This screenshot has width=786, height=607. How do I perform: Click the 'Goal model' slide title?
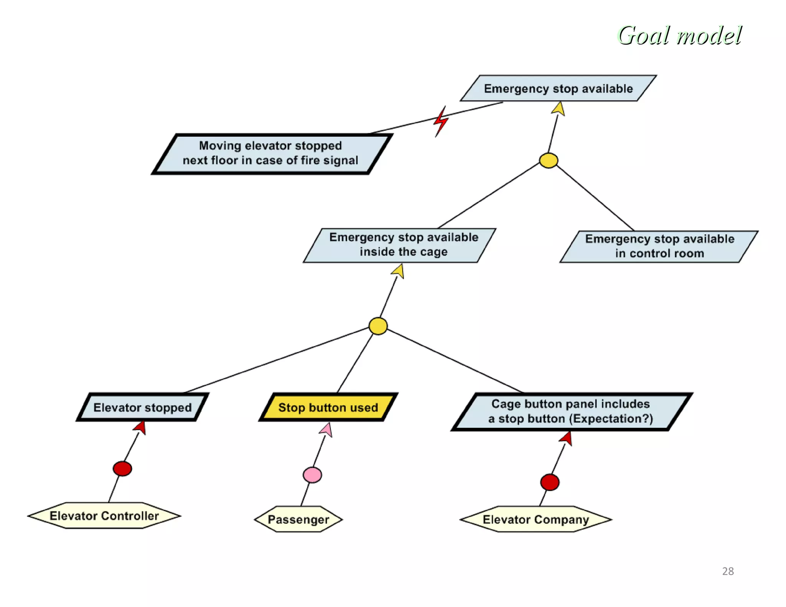pyautogui.click(x=679, y=36)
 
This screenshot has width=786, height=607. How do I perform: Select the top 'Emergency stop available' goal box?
pyautogui.click(x=558, y=89)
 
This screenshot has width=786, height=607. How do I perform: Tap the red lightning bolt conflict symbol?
pyautogui.click(x=441, y=122)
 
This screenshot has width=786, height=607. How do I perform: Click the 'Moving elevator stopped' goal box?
pyautogui.click(x=271, y=153)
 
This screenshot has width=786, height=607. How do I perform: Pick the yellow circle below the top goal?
pyautogui.click(x=548, y=160)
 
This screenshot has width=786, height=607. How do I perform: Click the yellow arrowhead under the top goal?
pyautogui.click(x=559, y=109)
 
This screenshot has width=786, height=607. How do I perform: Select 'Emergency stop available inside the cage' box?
pyautogui.click(x=400, y=245)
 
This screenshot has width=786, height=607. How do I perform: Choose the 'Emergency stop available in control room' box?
pyautogui.click(x=659, y=246)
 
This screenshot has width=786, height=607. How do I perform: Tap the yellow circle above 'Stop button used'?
pyautogui.click(x=378, y=326)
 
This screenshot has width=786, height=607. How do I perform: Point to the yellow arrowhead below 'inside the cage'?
pyautogui.click(x=398, y=271)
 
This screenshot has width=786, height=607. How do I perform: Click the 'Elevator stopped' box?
pyautogui.click(x=142, y=407)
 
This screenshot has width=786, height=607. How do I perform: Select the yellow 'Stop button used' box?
pyautogui.click(x=328, y=407)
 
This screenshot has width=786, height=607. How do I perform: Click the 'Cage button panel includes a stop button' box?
pyautogui.click(x=571, y=411)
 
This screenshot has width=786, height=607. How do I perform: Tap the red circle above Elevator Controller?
pyautogui.click(x=122, y=468)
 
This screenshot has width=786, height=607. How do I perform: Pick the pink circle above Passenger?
pyautogui.click(x=312, y=475)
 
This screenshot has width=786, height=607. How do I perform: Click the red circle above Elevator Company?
pyautogui.click(x=550, y=482)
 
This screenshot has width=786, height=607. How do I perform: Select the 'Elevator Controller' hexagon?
pyautogui.click(x=104, y=516)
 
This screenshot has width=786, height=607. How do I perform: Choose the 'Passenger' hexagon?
pyautogui.click(x=298, y=520)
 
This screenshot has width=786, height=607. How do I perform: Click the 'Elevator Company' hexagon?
pyautogui.click(x=535, y=520)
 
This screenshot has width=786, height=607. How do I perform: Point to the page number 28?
pyautogui.click(x=728, y=571)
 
